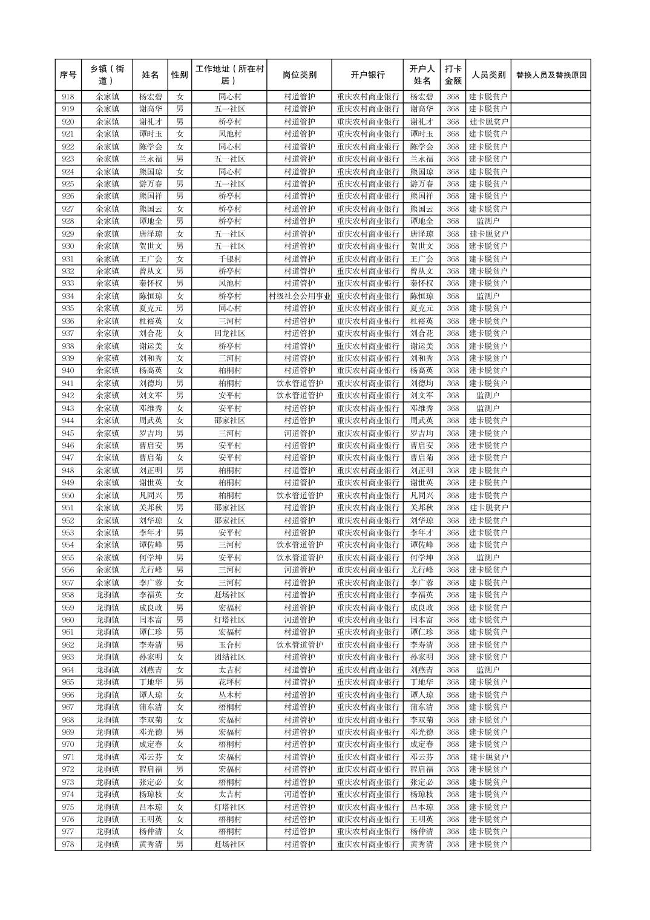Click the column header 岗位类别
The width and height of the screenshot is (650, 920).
coord(299,75)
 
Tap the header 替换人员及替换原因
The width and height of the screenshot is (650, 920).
coord(551,75)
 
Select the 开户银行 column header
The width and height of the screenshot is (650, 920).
coord(367,75)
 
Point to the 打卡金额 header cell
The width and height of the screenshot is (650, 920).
coord(453,75)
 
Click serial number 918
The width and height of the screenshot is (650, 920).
coord(68,97)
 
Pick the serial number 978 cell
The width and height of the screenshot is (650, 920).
coord(68,844)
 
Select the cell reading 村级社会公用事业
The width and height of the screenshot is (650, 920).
coord(299,296)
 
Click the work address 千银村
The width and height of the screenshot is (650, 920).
coord(229,258)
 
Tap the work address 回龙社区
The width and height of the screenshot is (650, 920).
coord(229,333)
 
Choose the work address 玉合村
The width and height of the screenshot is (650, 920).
coord(229,645)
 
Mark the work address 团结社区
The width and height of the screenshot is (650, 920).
coord(229,657)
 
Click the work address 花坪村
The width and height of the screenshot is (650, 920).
coord(229,682)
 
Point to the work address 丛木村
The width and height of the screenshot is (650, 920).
coord(229,695)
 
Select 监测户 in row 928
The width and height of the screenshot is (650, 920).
coord(488,222)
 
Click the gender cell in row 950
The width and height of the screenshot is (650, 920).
coord(180,495)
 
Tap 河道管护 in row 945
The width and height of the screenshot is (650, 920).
coord(299,433)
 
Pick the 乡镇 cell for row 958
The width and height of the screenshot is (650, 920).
coord(107,595)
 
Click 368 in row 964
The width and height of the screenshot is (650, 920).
coord(453,670)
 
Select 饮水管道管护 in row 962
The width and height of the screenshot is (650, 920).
coord(299,645)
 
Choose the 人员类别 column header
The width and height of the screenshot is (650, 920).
coord(488,75)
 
